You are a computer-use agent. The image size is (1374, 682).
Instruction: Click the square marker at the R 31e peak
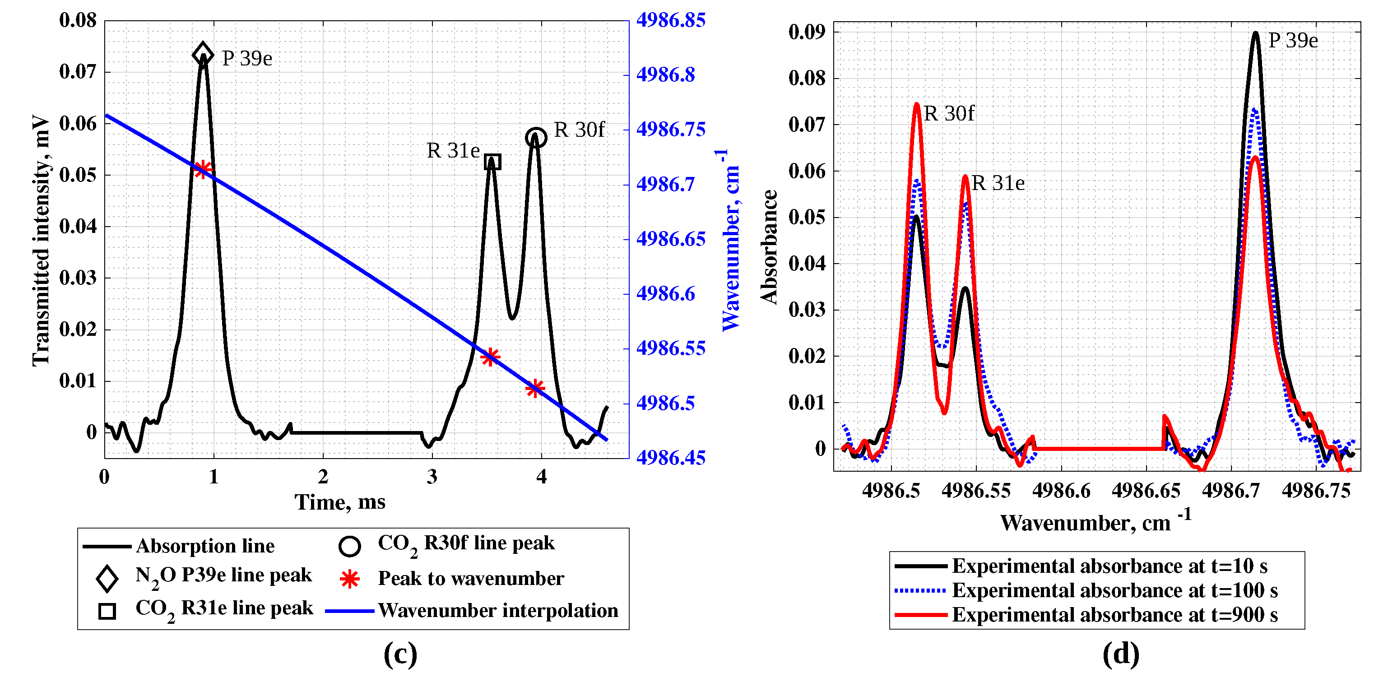point(492,162)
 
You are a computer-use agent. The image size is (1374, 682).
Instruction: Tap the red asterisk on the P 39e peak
point(203,170)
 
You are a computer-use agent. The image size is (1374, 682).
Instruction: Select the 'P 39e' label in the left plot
point(247,59)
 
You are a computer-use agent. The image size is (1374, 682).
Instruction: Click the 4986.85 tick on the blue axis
point(670,20)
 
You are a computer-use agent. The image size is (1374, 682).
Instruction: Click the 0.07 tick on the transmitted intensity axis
point(78,71)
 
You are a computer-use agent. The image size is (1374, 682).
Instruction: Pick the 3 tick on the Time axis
point(432,476)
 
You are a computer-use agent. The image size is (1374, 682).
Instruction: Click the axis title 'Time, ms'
point(340,502)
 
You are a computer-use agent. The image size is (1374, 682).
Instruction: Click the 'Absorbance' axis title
point(769,247)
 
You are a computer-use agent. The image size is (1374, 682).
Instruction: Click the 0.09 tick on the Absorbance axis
point(807,32)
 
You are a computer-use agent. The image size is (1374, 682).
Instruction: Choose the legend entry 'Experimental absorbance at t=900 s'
point(1114,615)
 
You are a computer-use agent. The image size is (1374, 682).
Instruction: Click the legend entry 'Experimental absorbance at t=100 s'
point(1114,590)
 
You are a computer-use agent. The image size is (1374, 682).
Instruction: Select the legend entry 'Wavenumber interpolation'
point(498,611)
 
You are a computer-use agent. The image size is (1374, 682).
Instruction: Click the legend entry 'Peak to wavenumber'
point(470,579)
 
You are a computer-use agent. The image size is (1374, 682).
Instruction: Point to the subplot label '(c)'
point(400,654)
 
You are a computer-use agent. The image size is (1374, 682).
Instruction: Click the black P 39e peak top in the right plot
point(1256,33)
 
